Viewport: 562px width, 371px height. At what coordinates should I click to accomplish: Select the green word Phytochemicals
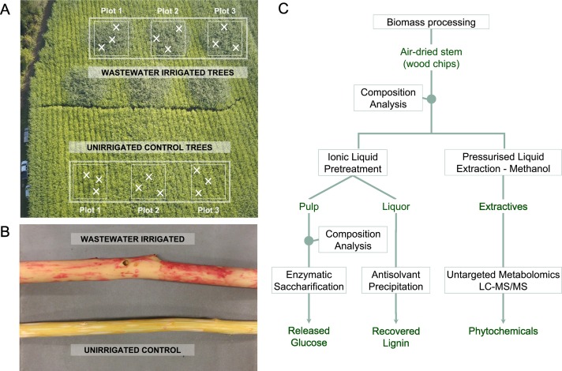(503, 331)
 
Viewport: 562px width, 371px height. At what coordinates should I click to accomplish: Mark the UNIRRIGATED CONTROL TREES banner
(148, 148)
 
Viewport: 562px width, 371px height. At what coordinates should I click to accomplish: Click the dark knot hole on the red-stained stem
(126, 260)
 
